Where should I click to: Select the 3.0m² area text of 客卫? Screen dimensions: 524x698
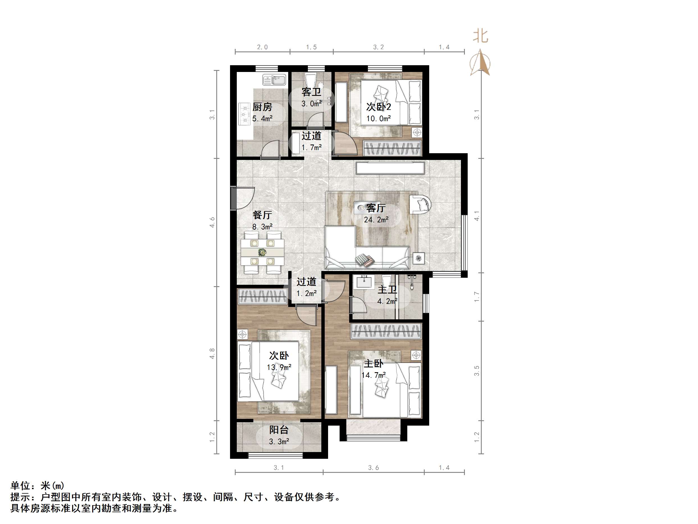311,104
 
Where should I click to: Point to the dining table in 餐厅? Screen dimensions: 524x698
262,252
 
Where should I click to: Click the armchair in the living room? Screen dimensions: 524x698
420,205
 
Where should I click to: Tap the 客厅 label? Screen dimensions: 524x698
376,208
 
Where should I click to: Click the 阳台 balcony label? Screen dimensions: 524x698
279,430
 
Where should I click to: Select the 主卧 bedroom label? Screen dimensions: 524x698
373,363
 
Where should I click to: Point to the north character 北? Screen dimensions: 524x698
480,36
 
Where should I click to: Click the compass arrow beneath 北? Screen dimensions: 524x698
480,62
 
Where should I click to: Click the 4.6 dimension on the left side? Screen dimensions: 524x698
212,222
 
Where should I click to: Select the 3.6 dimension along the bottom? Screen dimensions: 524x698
373,467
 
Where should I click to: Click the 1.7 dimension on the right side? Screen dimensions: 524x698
476,297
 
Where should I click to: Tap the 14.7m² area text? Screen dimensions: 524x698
373,375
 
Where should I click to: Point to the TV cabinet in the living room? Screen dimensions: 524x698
390,168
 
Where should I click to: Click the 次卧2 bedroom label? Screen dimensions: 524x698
378,107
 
